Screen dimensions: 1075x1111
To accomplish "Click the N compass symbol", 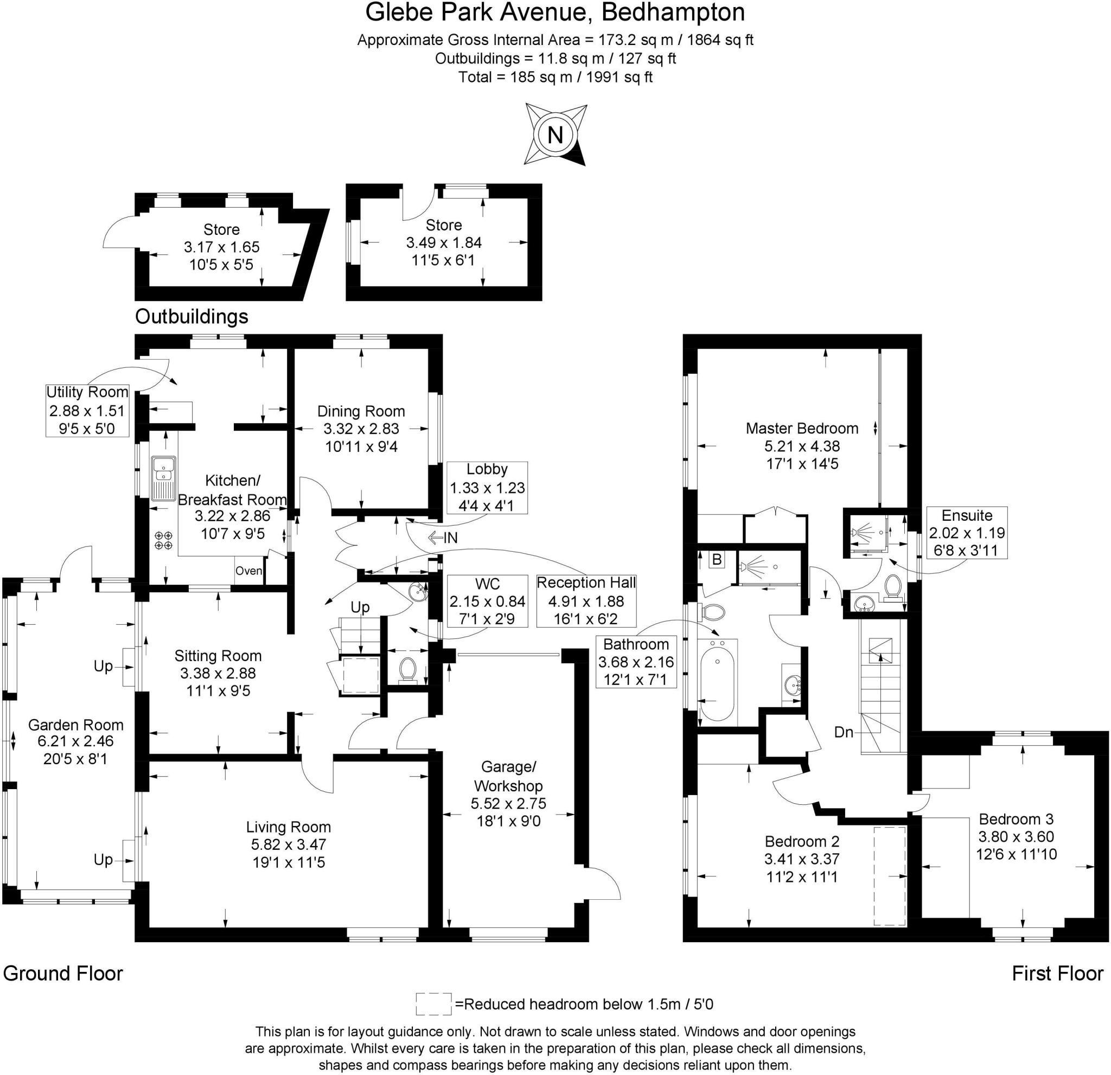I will (555, 135).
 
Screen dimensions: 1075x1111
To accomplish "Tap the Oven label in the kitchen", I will (249, 571).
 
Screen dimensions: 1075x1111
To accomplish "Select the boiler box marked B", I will (717, 560).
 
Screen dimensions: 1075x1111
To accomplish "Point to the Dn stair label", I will (844, 732).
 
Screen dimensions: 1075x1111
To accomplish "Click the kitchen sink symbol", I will (164, 478).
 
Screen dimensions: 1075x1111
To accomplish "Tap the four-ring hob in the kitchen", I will (164, 540).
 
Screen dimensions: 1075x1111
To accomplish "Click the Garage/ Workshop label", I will (508, 776).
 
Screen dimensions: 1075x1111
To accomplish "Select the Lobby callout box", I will (487, 488).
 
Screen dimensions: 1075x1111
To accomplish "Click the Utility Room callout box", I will (87, 410).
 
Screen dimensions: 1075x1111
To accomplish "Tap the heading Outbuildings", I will (191, 316).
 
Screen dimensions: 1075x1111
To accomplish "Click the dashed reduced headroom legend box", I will (433, 1004).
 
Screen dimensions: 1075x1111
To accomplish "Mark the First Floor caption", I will (1057, 974).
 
